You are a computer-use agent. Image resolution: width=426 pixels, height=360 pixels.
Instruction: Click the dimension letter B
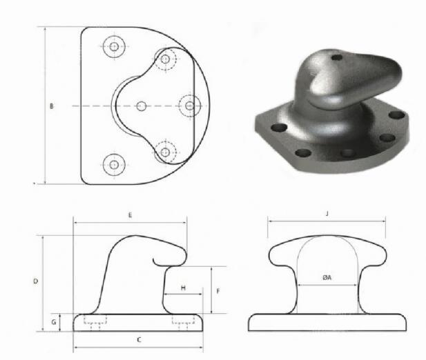tap(52, 106)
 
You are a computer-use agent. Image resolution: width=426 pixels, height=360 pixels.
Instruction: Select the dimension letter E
tap(130, 215)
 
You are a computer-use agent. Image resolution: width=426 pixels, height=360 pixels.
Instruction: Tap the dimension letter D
tap(36, 281)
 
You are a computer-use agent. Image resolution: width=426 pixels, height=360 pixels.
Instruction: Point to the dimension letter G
tap(54, 322)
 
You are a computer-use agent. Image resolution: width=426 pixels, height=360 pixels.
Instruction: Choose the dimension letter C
tap(139, 340)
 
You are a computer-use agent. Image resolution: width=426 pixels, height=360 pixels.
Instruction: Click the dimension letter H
tap(184, 288)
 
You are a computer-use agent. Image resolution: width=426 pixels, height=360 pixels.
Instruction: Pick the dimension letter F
tap(218, 291)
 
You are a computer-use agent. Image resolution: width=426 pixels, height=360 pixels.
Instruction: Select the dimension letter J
tap(327, 214)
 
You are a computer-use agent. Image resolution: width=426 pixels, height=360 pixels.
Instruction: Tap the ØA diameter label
tap(327, 277)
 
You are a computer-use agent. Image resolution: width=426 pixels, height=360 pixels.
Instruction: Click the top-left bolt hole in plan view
tap(114, 47)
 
